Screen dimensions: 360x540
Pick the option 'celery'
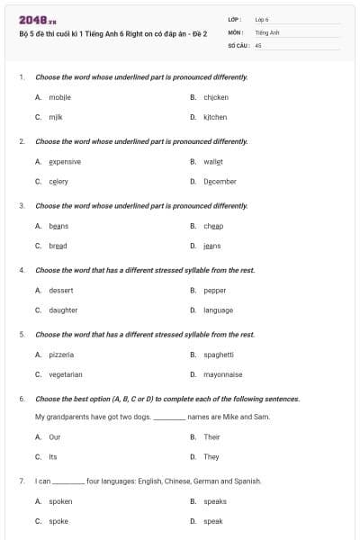coord(58,182)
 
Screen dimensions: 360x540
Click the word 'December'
coord(220,182)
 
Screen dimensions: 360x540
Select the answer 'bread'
coord(58,246)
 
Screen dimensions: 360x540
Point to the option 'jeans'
coord(212,246)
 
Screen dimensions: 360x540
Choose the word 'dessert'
coord(61,291)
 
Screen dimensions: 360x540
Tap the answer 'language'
coord(218,310)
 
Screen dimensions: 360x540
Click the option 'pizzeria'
coord(61,355)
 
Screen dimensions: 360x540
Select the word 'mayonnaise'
coord(222,374)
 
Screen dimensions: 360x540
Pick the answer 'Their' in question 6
coord(211,437)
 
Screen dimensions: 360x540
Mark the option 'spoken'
coord(60,501)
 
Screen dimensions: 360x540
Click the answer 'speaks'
coord(215,501)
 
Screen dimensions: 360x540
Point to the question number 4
coord(22,270)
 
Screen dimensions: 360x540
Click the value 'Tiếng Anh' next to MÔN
coord(267,31)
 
